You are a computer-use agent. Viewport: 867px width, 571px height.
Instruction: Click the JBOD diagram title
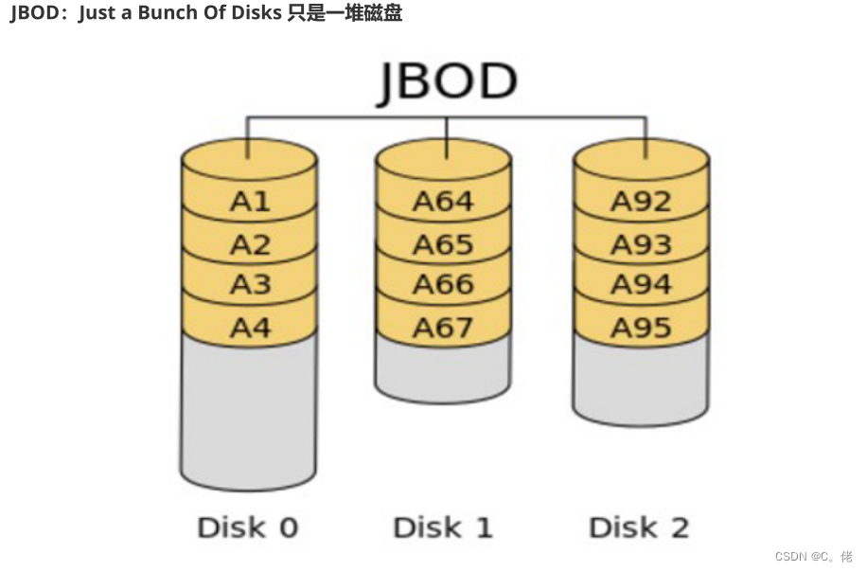[x=447, y=83]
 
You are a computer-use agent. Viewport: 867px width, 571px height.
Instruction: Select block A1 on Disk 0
[x=250, y=201]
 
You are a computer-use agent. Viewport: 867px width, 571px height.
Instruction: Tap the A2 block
[x=250, y=244]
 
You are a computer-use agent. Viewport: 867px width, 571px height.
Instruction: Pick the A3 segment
[x=250, y=285]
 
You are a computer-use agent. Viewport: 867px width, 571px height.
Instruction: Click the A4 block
[x=250, y=328]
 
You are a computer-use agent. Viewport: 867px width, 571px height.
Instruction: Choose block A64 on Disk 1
[x=443, y=201]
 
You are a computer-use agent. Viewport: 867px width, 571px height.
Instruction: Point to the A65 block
[x=443, y=244]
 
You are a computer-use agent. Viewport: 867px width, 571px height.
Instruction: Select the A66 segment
[x=443, y=285]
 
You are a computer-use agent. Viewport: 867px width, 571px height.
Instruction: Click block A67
[x=443, y=328]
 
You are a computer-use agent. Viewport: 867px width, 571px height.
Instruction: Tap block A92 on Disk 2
[x=641, y=201]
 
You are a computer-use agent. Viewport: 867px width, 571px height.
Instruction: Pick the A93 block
[x=641, y=244]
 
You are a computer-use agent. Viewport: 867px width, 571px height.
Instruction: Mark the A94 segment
[x=641, y=285]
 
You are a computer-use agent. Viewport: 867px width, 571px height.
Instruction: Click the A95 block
[x=641, y=328]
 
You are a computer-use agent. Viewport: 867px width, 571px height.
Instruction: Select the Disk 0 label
[x=247, y=527]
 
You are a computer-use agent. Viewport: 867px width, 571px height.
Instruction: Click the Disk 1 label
[x=443, y=527]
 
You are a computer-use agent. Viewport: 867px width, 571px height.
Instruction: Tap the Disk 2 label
[x=639, y=527]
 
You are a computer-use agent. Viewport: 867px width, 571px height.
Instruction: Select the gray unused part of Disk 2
[x=641, y=384]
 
